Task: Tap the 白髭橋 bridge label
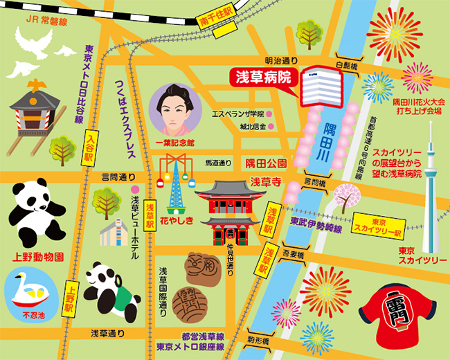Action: point(346,64)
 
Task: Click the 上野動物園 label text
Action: point(41,256)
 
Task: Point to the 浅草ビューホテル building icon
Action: point(114,233)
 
